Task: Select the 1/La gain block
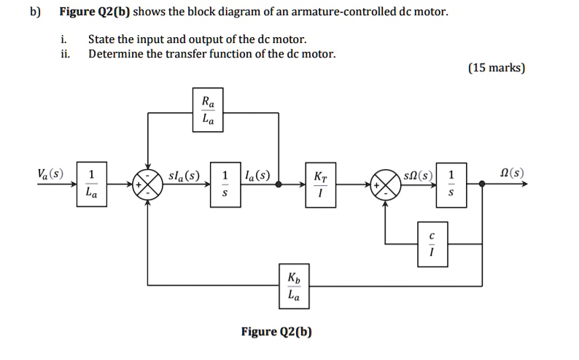pos(90,185)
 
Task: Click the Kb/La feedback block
pos(293,286)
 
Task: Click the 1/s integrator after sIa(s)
pos(225,185)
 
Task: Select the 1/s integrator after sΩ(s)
pos(451,185)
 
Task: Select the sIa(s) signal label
pos(183,175)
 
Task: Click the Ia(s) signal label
pos(257,175)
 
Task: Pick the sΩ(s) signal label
pos(421,175)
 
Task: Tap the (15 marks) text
pos(496,68)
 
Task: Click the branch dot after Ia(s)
pos(279,185)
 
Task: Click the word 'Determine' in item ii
pos(114,53)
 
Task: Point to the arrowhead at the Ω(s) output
pos(523,185)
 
